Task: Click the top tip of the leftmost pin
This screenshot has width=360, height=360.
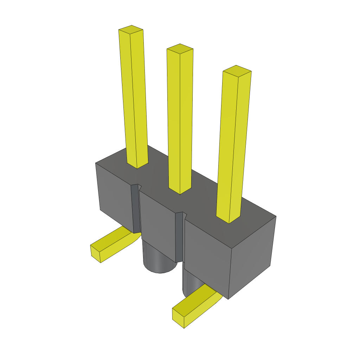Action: [x=131, y=30]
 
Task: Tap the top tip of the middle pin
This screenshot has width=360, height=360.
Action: [x=180, y=49]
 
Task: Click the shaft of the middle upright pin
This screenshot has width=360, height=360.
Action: [x=180, y=120]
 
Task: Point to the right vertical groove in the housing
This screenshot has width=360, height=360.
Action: [x=179, y=237]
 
